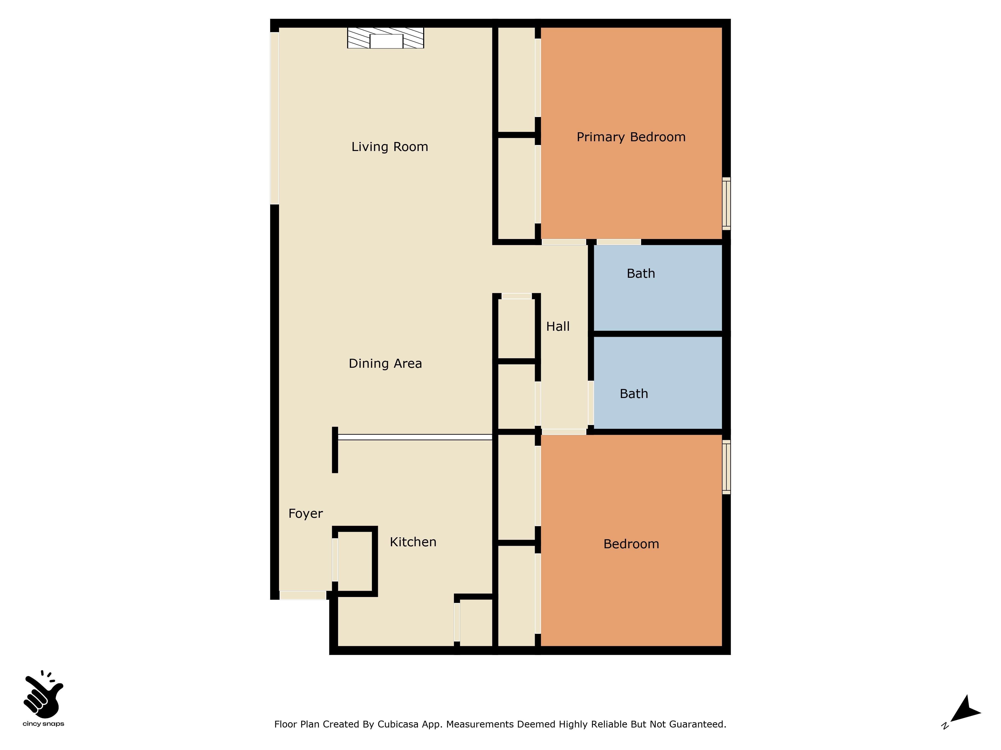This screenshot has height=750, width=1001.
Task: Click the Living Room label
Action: tap(390, 147)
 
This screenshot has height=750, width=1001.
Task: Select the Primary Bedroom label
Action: tap(631, 137)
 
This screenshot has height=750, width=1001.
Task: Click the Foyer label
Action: tap(306, 513)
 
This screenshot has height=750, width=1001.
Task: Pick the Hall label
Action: tap(558, 326)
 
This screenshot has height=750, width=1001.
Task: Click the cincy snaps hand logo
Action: tap(44, 694)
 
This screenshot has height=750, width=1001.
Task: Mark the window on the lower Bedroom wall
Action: tap(726, 467)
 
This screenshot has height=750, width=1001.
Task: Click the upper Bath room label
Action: tap(641, 273)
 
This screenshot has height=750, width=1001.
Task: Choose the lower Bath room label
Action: tap(634, 394)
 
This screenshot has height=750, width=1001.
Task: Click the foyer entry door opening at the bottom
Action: tap(303, 595)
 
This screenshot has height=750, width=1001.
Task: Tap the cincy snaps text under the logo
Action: tap(44, 724)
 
